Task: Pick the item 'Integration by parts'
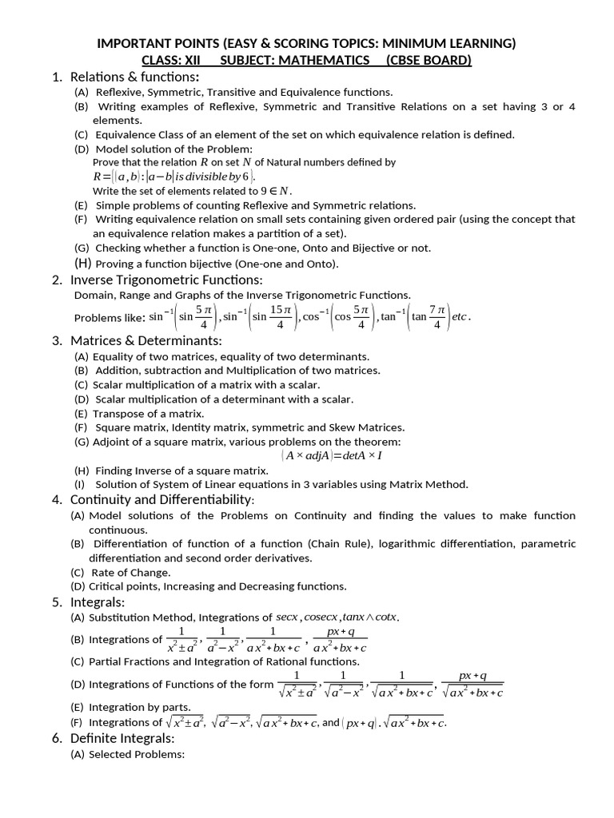[140, 707]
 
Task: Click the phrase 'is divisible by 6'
[212, 177]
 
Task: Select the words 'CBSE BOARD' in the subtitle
[429, 60]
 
